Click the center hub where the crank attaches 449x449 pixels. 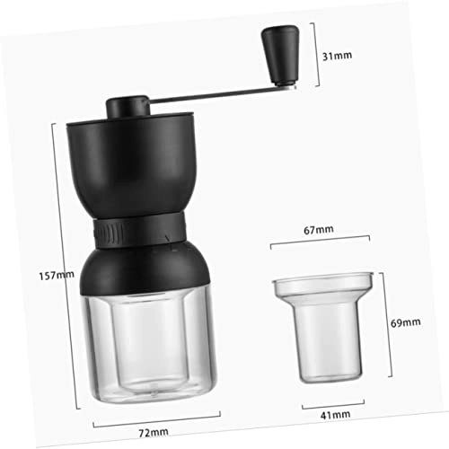[x=125, y=106]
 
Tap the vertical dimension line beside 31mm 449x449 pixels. [x=312, y=55]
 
